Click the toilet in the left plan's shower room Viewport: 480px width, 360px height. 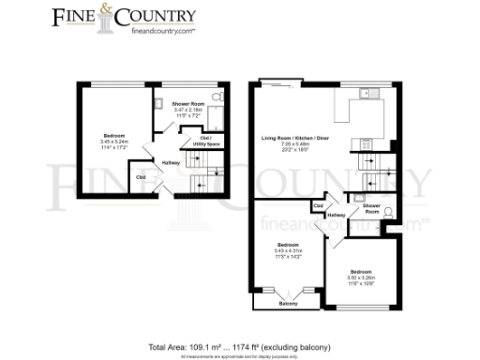pos(217,97)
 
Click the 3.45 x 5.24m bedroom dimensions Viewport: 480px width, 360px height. pos(115,141)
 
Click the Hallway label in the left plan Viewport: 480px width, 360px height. pos(171,162)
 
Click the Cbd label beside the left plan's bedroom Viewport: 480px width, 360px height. pos(141,175)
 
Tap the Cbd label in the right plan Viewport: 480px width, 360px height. pos(319,205)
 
